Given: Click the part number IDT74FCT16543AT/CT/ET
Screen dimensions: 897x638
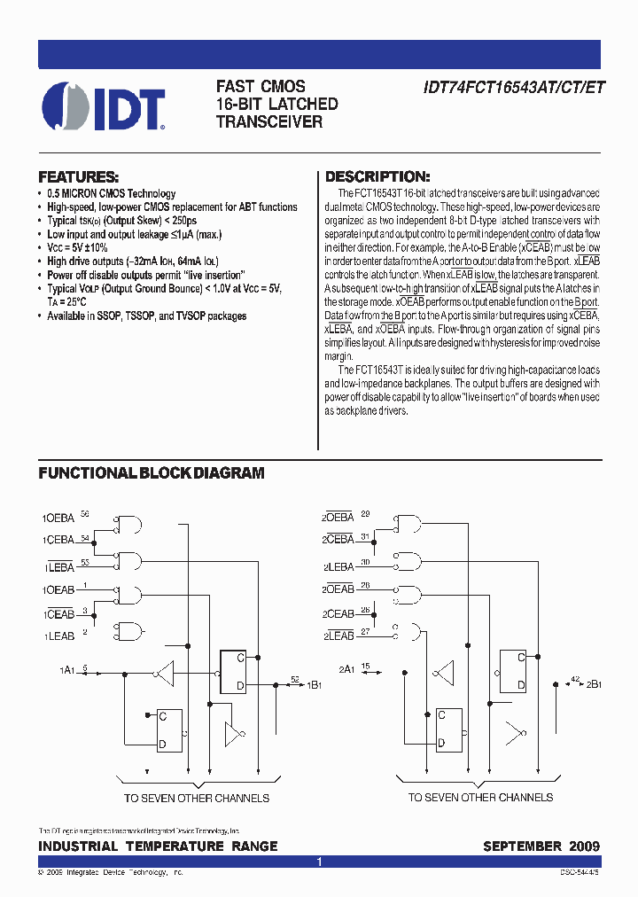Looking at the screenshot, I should (x=504, y=88).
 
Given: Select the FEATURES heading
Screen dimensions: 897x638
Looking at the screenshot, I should (x=79, y=176).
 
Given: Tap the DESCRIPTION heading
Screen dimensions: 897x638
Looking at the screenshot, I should (x=377, y=176).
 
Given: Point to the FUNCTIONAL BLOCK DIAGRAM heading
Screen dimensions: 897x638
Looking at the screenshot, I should (x=152, y=473).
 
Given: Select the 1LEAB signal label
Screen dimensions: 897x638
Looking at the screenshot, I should (x=58, y=636).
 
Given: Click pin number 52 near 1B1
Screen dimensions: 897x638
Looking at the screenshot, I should (x=295, y=678).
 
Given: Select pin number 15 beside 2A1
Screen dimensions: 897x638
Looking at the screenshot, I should (x=364, y=666).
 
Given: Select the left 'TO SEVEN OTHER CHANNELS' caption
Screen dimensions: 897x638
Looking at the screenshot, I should (x=196, y=798).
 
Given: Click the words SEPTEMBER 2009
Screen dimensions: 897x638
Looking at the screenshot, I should (x=541, y=846).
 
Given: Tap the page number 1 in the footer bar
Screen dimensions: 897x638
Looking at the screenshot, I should (x=319, y=862).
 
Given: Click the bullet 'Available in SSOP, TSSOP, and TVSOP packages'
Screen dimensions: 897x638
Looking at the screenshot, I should (x=146, y=316).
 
